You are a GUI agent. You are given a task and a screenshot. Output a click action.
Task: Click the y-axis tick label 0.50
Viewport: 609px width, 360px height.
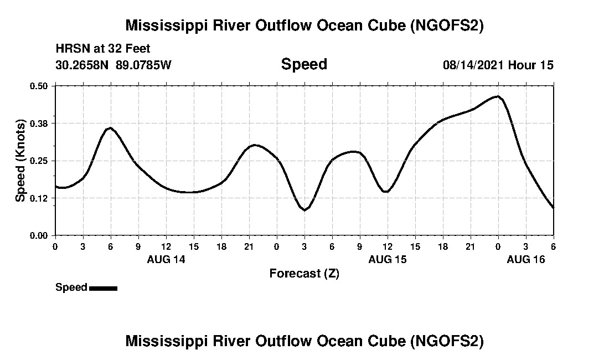tap(39, 86)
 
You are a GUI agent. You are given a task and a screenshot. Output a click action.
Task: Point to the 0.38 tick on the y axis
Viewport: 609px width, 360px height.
tap(39, 123)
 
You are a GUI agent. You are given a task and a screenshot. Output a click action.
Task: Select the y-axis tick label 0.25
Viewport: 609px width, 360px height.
tap(39, 161)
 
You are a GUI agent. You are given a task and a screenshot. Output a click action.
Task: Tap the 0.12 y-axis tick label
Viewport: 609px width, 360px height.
tap(39, 198)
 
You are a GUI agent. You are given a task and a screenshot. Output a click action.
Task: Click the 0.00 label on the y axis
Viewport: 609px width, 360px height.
tap(39, 235)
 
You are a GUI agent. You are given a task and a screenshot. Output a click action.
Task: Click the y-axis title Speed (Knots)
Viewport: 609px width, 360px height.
tap(20, 161)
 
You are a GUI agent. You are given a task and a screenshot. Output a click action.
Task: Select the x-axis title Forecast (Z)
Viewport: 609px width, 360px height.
tap(304, 274)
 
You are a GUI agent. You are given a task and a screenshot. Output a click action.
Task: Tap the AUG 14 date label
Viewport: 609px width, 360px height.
tap(166, 259)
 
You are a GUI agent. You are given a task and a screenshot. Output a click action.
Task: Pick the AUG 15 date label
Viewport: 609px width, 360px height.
tap(388, 259)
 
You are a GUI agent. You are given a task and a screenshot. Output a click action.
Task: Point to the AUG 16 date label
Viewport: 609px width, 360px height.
tap(526, 259)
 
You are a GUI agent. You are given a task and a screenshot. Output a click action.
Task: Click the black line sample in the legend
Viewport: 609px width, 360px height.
tap(103, 288)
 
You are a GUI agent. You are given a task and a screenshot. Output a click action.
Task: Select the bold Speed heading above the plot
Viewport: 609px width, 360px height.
tap(304, 64)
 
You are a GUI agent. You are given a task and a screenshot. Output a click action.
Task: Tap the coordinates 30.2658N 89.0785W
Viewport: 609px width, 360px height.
tap(113, 65)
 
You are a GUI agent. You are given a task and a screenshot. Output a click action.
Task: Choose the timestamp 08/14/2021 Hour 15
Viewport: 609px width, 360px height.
tap(498, 65)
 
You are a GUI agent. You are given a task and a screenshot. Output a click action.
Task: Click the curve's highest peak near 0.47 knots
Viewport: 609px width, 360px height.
tap(498, 96)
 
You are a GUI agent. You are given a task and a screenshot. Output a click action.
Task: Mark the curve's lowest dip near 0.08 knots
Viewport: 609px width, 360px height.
tap(304, 210)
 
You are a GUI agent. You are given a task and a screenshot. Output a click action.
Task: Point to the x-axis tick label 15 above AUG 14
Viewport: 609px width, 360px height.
tap(194, 246)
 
